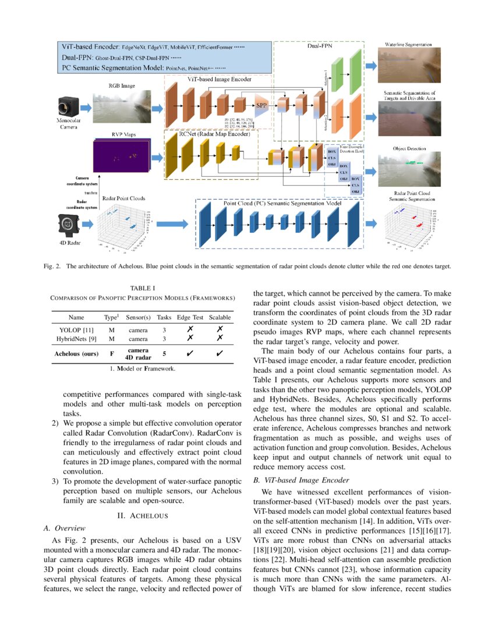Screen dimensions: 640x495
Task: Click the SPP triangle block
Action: coord(261,106)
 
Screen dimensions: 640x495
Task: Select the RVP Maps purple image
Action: coord(121,159)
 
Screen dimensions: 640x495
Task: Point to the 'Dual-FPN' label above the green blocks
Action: coord(319,48)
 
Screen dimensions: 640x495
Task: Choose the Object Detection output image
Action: coord(408,169)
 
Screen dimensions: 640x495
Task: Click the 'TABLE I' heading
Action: coord(143,287)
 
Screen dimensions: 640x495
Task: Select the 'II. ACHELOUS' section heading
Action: coord(143,515)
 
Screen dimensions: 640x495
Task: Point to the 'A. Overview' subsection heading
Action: coord(65,528)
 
